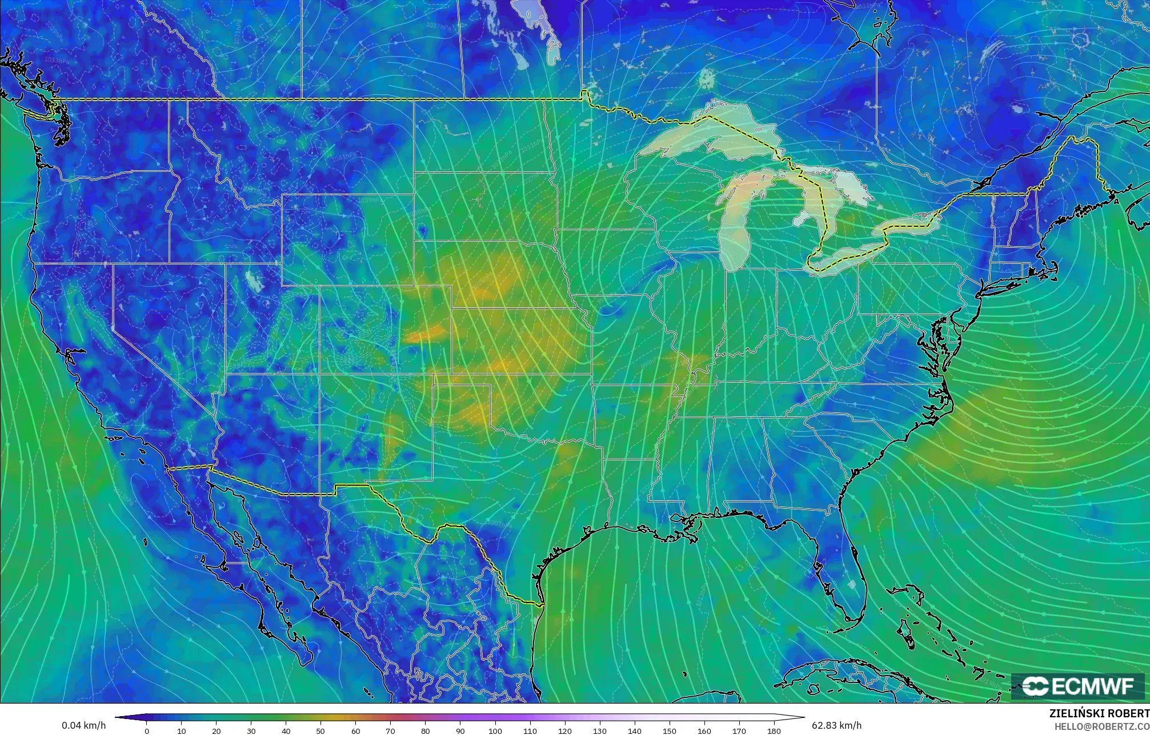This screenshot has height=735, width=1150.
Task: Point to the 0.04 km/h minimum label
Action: (x=83, y=725)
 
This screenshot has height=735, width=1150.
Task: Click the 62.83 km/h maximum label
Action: (x=836, y=725)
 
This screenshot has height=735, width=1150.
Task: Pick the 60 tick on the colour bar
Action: (x=355, y=730)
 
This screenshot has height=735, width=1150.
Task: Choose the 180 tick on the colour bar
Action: (x=774, y=730)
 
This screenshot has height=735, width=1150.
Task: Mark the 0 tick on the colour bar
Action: (x=147, y=730)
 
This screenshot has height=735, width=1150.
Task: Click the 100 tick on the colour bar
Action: (x=495, y=730)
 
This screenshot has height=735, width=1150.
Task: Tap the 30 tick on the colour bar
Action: (x=251, y=730)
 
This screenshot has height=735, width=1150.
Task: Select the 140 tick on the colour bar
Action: (x=634, y=730)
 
